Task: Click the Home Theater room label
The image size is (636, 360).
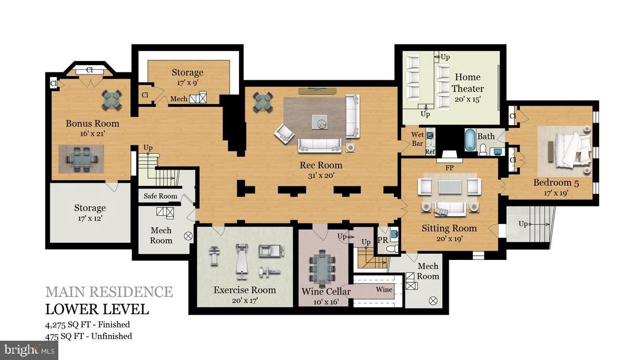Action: click(467, 83)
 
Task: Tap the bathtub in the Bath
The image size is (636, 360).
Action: click(470, 140)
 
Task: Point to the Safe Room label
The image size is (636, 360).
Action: click(160, 196)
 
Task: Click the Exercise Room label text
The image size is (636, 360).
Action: click(244, 290)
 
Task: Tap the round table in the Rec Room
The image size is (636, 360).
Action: click(263, 102)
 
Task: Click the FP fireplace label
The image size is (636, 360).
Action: click(449, 168)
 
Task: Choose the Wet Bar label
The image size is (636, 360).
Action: click(417, 139)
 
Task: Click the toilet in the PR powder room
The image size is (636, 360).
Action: click(392, 249)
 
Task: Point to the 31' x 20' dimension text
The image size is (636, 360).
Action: click(320, 176)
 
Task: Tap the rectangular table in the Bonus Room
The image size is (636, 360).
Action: click(81, 158)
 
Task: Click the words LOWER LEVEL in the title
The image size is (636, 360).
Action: click(97, 309)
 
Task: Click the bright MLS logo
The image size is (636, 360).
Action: click(29, 351)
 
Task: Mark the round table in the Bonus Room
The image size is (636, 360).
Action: click(113, 99)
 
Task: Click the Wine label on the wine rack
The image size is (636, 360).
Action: click(384, 289)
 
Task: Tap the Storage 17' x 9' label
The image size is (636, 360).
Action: click(188, 77)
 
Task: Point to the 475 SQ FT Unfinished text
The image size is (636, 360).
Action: click(89, 336)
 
